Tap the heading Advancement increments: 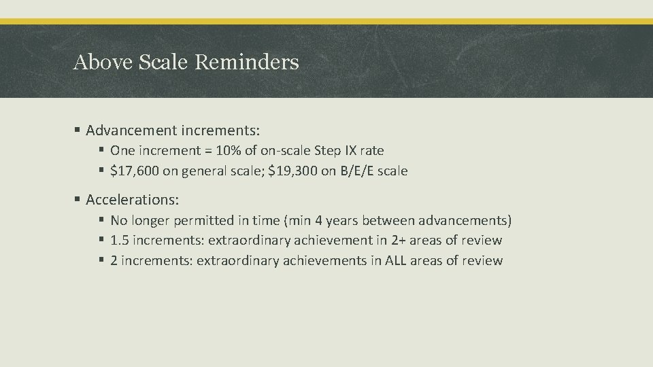(173, 129)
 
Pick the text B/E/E (355, 171)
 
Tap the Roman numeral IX (352, 151)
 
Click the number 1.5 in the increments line (118, 240)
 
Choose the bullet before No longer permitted (101, 220)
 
